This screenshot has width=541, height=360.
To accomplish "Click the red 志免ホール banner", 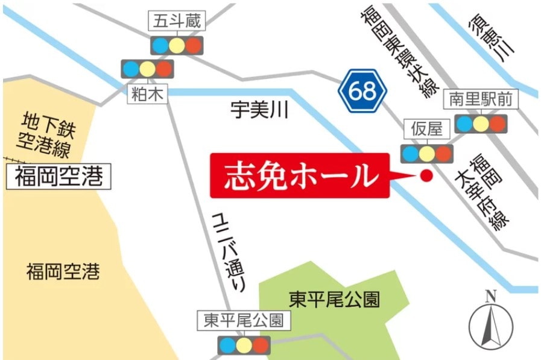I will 300,175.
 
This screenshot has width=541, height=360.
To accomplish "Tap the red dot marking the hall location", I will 426,176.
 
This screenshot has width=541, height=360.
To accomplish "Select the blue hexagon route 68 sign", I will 361,91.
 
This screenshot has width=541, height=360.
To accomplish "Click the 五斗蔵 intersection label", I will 177,22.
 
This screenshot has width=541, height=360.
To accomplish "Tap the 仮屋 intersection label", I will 426,128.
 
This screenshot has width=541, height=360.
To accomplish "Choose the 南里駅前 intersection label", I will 481,99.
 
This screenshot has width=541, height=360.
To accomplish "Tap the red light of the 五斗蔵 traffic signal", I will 194,45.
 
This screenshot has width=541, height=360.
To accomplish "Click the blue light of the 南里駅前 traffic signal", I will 464,124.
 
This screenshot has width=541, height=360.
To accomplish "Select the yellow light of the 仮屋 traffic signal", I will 427,153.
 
